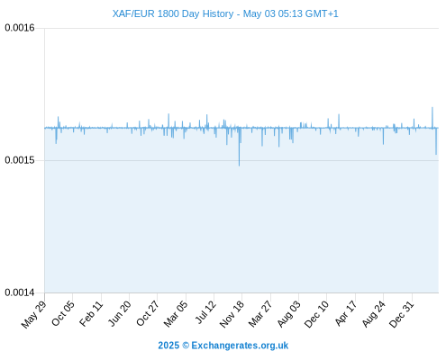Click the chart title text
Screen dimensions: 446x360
pyautogui.click(x=225, y=13)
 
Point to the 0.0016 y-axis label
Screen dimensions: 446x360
pyautogui.click(x=20, y=28)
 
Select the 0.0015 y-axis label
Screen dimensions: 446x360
pyautogui.click(x=20, y=160)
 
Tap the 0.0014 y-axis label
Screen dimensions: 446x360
pyautogui.click(x=20, y=292)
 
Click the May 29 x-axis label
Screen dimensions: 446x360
pyautogui.click(x=34, y=314)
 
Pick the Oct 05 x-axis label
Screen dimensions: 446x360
pyautogui.click(x=63, y=313)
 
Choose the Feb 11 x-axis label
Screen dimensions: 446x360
pyautogui.click(x=91, y=313)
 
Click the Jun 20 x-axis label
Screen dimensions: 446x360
pyautogui.click(x=120, y=313)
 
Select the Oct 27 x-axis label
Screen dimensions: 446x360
pyautogui.click(x=147, y=313)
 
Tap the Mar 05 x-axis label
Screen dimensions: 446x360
pyautogui.click(x=176, y=313)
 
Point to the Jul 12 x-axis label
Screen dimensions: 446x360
pyautogui.click(x=205, y=312)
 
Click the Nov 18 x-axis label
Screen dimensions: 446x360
pyautogui.click(x=232, y=314)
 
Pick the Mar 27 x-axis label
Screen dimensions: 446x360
pyautogui.click(x=260, y=313)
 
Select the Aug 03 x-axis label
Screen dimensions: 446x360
pyautogui.click(x=288, y=314)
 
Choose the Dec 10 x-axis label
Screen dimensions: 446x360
pyautogui.click(x=316, y=314)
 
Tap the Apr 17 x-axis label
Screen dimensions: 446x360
pyautogui.click(x=346, y=313)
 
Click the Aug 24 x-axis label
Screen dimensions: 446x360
pyautogui.click(x=373, y=314)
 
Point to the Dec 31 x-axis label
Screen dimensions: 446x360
pyautogui.click(x=402, y=314)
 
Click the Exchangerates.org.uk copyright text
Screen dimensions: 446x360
pyautogui.click(x=223, y=346)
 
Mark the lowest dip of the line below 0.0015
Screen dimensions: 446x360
pyautogui.click(x=239, y=166)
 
